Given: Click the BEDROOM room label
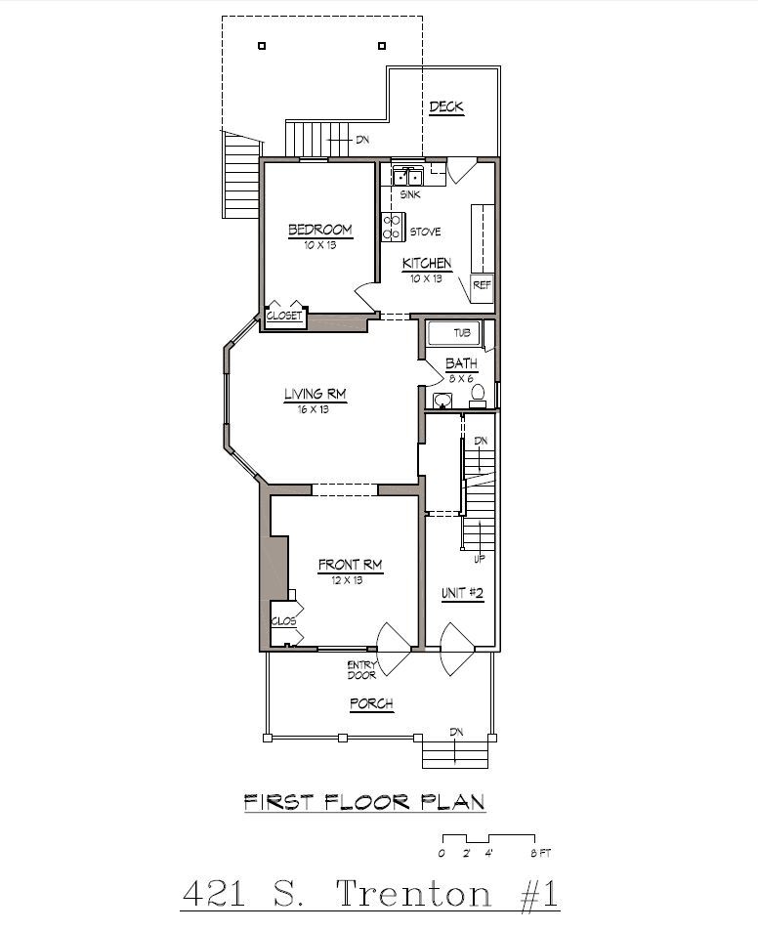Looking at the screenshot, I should point(319,231).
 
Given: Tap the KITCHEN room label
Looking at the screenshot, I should point(427,264).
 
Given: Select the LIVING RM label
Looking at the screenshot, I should point(315,395).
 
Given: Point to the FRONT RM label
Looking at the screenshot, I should point(349,565).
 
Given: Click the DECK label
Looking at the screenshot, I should point(445,107).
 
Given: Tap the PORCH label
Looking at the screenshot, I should point(371,704).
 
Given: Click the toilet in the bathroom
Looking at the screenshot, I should point(478,395).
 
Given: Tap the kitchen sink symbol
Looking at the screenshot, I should point(407,177).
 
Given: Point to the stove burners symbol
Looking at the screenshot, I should point(393,227).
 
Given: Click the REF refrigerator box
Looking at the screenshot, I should point(482,284).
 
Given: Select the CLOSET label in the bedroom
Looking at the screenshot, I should point(284,317).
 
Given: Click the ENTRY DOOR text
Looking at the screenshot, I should point(360,670).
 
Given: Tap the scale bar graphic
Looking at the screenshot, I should point(487,839).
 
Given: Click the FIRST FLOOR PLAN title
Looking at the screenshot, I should point(364,803).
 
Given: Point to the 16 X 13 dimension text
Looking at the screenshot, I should point(314,409).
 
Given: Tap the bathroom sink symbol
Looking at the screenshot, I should point(442,400).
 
